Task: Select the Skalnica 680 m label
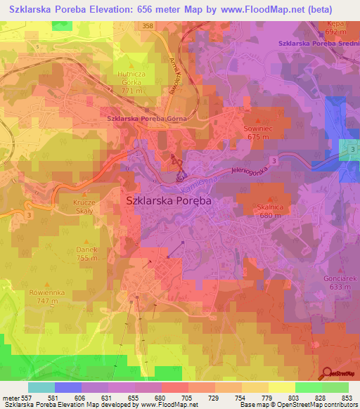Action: point(270,212)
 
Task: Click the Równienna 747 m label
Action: point(42,296)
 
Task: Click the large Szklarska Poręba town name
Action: point(168,200)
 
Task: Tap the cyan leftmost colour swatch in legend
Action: point(41,387)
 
